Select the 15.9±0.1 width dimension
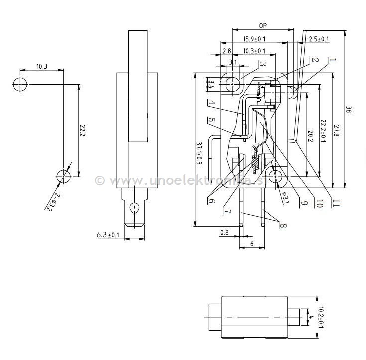[254, 39]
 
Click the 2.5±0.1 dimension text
[319, 39]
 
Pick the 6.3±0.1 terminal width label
[108, 234]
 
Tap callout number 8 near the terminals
[282, 225]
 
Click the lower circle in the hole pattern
[63, 176]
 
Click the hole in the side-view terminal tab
[133, 207]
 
